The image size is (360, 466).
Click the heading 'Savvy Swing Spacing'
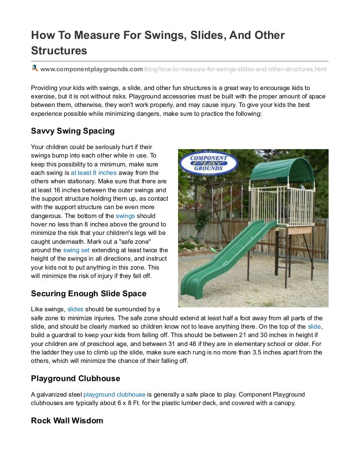pyautogui.click(x=73, y=131)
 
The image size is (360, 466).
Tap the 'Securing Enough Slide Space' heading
pyautogui.click(x=89, y=293)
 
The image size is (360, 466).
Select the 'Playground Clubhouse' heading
pyautogui.click(x=75, y=378)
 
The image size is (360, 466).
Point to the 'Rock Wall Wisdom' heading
pyautogui.click(x=67, y=421)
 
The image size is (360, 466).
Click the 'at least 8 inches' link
pyautogui.click(x=94, y=173)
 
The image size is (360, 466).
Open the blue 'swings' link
pyautogui.click(x=125, y=216)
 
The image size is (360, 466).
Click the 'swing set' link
pyautogui.click(x=76, y=250)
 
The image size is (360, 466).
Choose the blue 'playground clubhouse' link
pyautogui.click(x=114, y=395)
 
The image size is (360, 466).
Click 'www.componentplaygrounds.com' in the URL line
pyautogui.click(x=91, y=69)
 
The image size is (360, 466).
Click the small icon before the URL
pyautogui.click(x=35, y=69)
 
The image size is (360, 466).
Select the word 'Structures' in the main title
pyautogui.click(x=59, y=50)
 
